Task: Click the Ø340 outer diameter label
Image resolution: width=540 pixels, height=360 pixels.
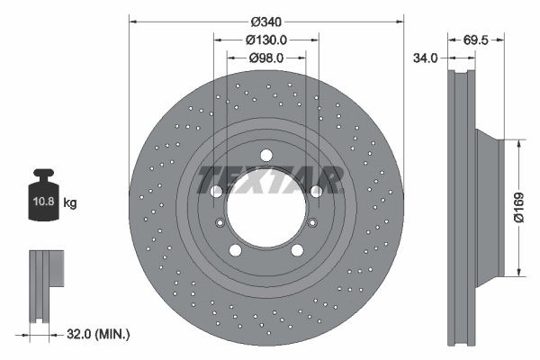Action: (x=266, y=22)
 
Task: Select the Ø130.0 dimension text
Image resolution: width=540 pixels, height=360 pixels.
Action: (x=266, y=40)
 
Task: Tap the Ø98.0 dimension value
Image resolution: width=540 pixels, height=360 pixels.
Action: (x=266, y=58)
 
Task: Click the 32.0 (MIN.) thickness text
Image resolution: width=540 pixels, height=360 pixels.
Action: (x=100, y=333)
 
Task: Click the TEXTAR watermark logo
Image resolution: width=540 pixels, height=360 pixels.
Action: (x=268, y=179)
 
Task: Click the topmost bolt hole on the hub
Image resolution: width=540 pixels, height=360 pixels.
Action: (x=266, y=156)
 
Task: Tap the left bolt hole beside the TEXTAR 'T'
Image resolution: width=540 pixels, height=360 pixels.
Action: (x=216, y=192)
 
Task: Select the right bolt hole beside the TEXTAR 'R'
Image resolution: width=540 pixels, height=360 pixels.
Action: (x=316, y=192)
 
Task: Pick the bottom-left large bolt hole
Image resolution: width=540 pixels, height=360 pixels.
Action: (x=235, y=251)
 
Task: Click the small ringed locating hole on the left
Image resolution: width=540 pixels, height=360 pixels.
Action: (x=220, y=224)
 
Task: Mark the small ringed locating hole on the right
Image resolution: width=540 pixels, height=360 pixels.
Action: (x=312, y=224)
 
